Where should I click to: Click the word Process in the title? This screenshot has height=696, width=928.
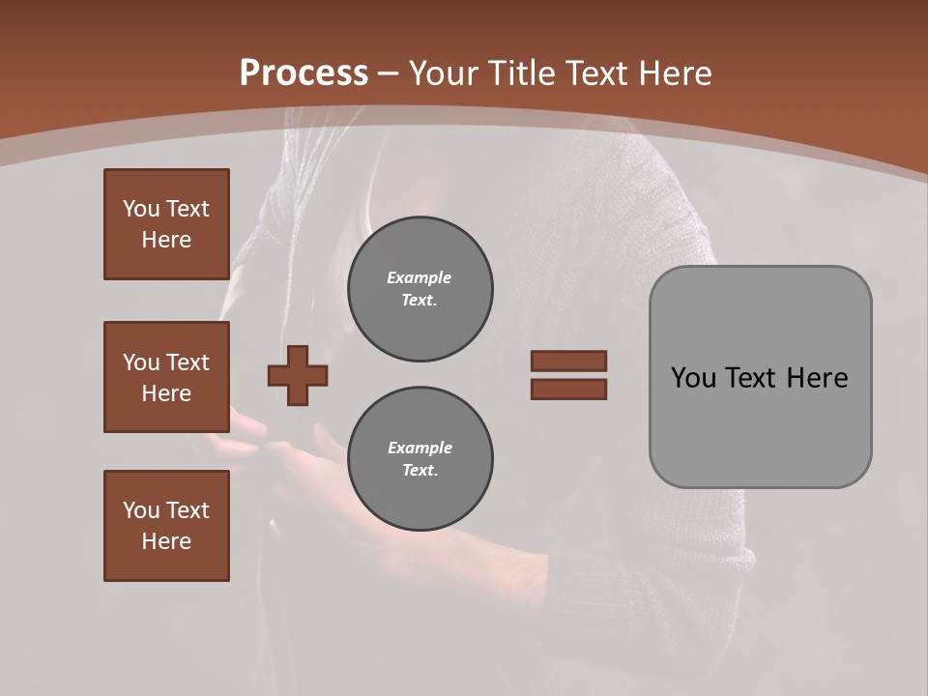[x=304, y=73]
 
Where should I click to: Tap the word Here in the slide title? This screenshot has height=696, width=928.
[x=676, y=73]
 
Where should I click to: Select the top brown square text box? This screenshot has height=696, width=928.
[x=166, y=224]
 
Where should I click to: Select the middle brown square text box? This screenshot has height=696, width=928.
[x=166, y=377]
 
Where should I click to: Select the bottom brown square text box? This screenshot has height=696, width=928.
[x=166, y=526]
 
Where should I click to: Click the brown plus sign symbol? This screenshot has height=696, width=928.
[x=298, y=375]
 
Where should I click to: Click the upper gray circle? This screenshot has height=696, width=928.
[x=420, y=289]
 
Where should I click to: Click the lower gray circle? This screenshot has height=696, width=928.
[x=420, y=459]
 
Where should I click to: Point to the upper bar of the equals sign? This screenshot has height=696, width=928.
[x=568, y=361]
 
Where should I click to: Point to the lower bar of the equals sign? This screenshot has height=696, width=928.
[x=568, y=389]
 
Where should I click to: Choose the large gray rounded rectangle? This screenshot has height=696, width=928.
[x=760, y=425]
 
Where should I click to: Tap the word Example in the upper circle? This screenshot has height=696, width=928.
[x=420, y=277]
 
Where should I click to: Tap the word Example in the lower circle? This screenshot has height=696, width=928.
[x=420, y=448]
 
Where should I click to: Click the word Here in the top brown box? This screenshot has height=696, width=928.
[x=166, y=240]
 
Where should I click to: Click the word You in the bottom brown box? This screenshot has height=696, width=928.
[x=140, y=510]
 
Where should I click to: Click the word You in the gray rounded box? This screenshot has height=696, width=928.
[x=693, y=378]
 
